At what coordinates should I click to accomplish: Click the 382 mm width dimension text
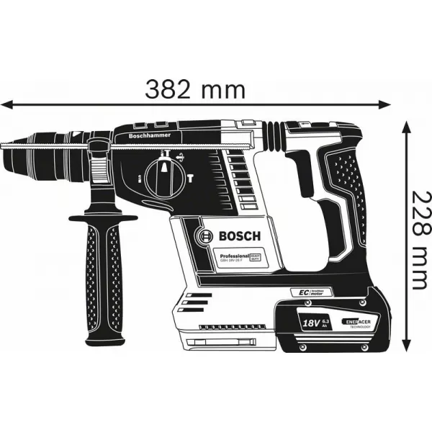point(194,89)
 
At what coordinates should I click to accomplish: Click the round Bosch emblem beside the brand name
point(204,236)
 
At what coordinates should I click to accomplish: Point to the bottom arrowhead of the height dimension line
point(406,355)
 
